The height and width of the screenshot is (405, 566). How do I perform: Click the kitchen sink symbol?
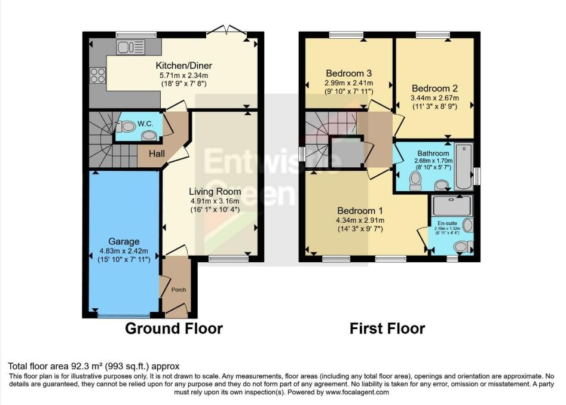click(131, 47)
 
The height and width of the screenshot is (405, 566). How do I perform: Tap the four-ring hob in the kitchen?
click(97, 76)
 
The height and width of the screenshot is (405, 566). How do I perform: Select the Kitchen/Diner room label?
click(183, 66)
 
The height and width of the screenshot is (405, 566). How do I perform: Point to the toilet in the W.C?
click(126, 127)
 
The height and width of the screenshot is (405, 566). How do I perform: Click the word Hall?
click(157, 154)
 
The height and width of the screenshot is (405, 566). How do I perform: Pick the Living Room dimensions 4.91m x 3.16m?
click(215, 201)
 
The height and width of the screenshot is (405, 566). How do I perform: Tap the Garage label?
click(124, 241)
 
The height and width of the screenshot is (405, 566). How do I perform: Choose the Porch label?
click(179, 290)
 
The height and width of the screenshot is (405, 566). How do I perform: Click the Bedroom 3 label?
click(348, 73)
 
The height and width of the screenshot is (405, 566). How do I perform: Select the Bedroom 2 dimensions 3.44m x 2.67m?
click(435, 98)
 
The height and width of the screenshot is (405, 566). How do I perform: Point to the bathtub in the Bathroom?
click(464, 167)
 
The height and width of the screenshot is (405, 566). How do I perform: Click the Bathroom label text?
click(433, 154)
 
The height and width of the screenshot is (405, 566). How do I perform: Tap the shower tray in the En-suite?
click(452, 205)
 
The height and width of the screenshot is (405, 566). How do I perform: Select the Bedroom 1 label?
click(360, 211)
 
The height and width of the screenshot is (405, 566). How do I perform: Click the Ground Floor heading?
click(174, 329)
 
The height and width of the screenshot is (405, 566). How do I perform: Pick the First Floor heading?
click(387, 329)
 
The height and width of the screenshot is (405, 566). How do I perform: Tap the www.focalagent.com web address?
click(357, 392)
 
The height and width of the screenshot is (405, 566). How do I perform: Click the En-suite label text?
click(447, 223)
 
